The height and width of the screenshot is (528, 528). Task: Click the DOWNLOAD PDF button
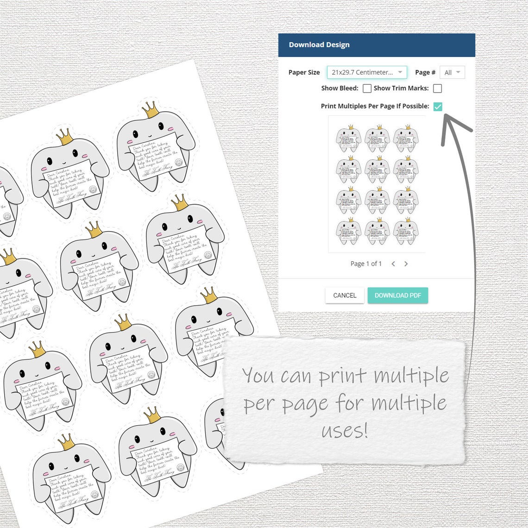tap(397, 295)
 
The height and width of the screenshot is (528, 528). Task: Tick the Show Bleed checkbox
tap(367, 88)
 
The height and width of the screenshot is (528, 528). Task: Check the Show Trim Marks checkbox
tap(437, 88)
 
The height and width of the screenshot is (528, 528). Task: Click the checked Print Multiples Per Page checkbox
tap(438, 107)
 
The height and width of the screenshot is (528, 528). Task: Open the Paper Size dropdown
tap(367, 72)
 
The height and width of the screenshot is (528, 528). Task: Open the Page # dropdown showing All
tap(452, 72)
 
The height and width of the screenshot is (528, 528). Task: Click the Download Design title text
tap(319, 45)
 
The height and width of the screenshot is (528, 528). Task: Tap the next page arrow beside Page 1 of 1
tap(406, 264)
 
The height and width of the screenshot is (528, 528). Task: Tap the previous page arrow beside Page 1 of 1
tap(393, 264)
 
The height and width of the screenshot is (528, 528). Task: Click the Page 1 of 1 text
tap(366, 264)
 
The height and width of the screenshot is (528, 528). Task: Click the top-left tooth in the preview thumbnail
tap(348, 138)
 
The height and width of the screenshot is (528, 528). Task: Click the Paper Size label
tap(304, 72)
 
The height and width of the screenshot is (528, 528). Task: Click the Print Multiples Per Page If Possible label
tap(375, 106)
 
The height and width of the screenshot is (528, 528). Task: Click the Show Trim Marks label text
tap(401, 88)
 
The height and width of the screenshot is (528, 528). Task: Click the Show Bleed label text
tap(339, 88)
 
